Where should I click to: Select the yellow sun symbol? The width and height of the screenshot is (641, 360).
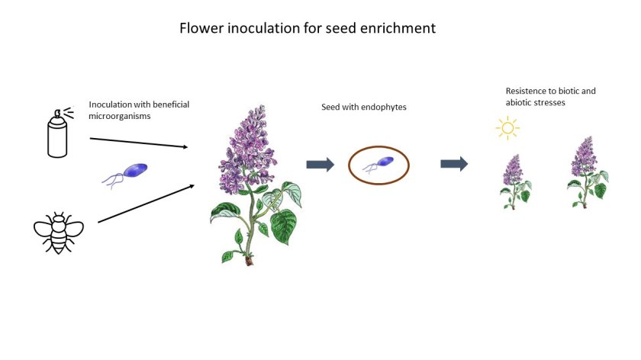click(x=507, y=127)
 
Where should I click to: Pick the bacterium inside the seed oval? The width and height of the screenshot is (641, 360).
click(x=378, y=163)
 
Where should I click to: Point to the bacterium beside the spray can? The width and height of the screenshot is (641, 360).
click(x=127, y=173)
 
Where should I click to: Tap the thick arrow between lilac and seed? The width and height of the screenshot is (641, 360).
click(x=320, y=164)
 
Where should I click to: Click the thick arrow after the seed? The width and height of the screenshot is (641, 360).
click(x=454, y=164)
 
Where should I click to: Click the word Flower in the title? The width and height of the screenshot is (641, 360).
click(x=199, y=29)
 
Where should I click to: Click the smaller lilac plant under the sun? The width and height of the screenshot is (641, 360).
click(x=515, y=182)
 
